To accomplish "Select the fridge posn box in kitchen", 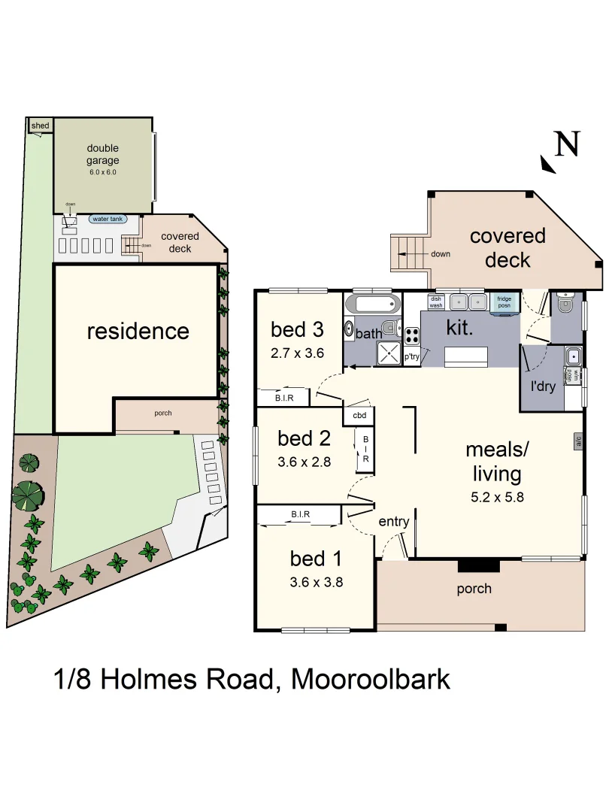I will click(504, 302).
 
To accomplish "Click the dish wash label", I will click(436, 302).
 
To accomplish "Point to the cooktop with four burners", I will click(412, 335).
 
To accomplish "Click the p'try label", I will click(412, 357).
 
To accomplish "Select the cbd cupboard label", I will click(359, 414).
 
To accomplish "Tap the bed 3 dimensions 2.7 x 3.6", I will click(298, 352).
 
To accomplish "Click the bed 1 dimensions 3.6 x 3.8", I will click(317, 581).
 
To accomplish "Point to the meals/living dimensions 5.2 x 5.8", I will click(497, 497).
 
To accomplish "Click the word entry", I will click(393, 522).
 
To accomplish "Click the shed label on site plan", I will click(39, 126).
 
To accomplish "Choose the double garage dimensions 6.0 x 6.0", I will click(102, 172).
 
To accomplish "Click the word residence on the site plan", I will click(138, 331).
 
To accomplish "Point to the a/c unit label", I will click(579, 441).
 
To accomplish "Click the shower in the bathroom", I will click(389, 353).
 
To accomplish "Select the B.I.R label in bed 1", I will click(301, 514).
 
